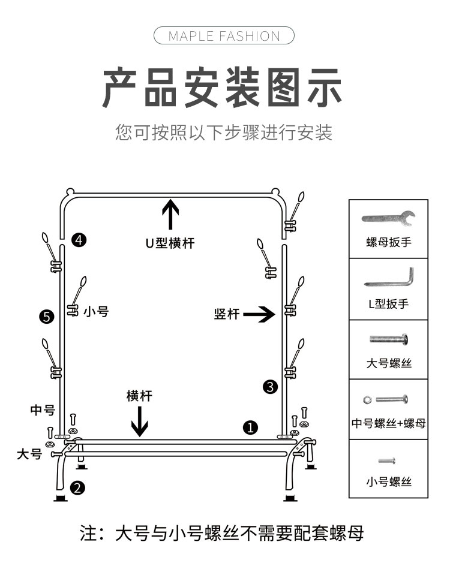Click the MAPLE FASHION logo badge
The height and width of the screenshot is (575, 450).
pyautogui.click(x=224, y=35)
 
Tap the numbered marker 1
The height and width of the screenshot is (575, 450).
pyautogui.click(x=250, y=427)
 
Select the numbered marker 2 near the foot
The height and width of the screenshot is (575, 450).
pyautogui.click(x=77, y=487)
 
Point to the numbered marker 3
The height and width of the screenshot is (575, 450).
pyautogui.click(x=270, y=387)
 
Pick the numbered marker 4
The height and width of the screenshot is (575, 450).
pyautogui.click(x=79, y=240)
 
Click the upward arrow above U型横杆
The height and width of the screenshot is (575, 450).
pyautogui.click(x=171, y=215)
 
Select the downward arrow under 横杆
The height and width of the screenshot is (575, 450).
pyautogui.click(x=140, y=421)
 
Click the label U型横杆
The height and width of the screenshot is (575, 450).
pyautogui.click(x=170, y=243)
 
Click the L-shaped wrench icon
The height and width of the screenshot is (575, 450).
pyautogui.click(x=388, y=278)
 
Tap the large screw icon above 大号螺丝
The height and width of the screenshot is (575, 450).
pyautogui.click(x=388, y=339)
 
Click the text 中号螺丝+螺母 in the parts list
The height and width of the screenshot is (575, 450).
pyautogui.click(x=388, y=423)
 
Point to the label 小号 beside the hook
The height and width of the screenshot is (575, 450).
pyautogui.click(x=96, y=311)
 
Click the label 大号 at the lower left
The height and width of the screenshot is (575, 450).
pyautogui.click(x=29, y=454)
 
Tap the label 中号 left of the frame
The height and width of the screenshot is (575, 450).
pyautogui.click(x=43, y=411)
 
